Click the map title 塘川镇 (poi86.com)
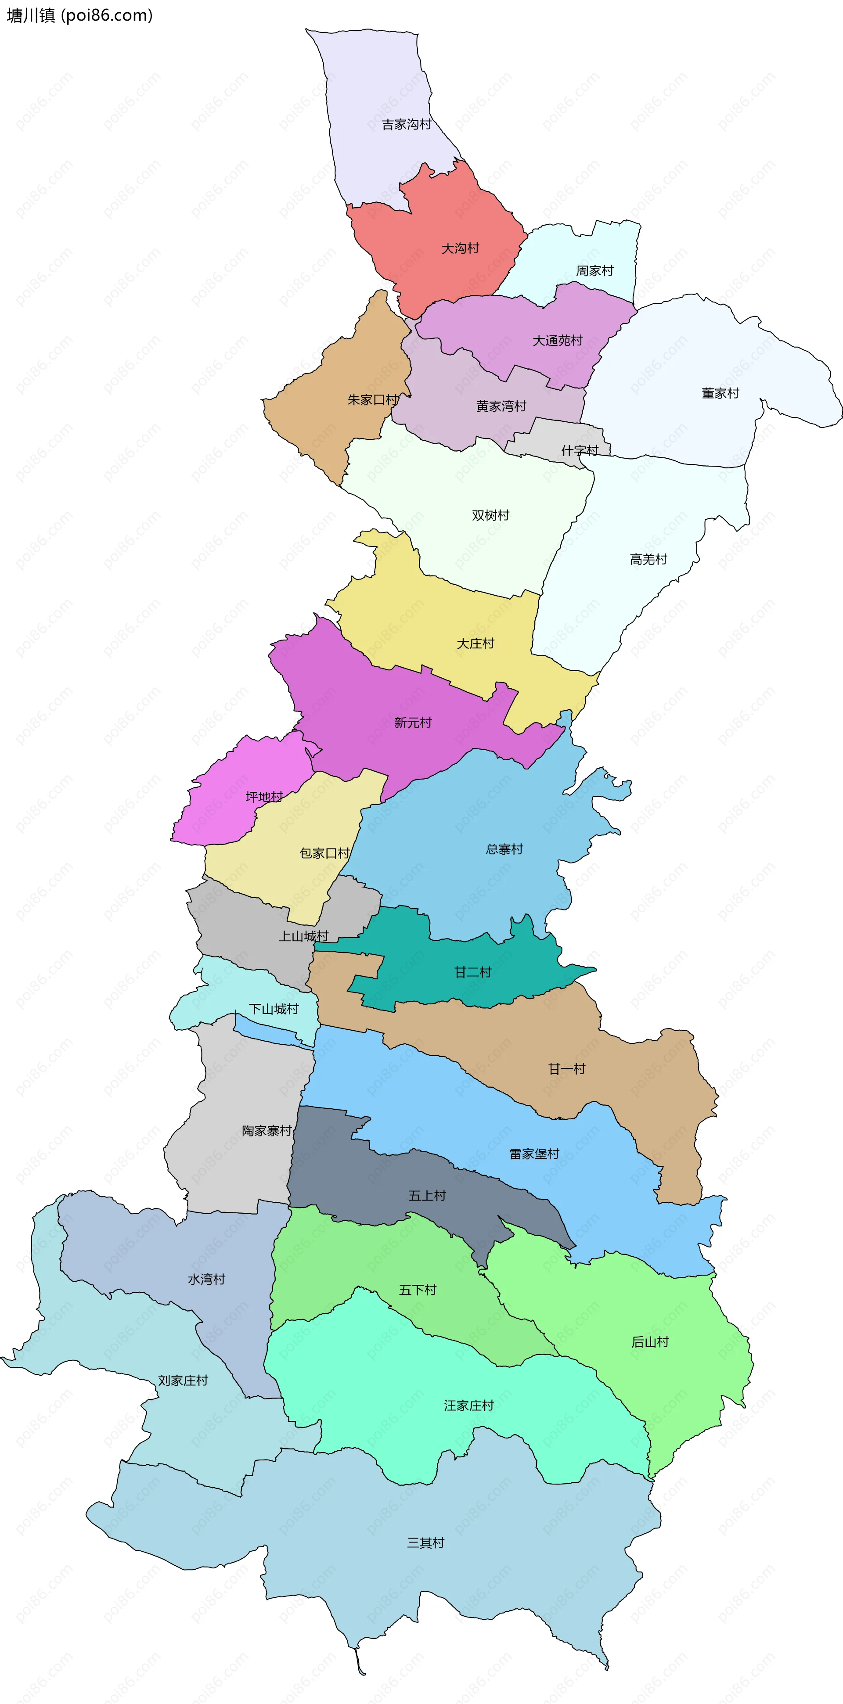click(x=79, y=15)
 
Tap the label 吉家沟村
click(x=406, y=124)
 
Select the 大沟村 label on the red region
click(x=460, y=248)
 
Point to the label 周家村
click(x=594, y=270)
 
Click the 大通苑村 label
click(x=557, y=340)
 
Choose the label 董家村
click(x=720, y=393)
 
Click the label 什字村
click(x=580, y=450)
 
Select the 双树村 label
click(x=490, y=515)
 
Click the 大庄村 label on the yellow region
click(x=475, y=643)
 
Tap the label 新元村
click(x=413, y=723)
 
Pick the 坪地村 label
click(x=264, y=796)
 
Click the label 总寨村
click(x=504, y=848)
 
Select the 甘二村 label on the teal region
click(x=472, y=972)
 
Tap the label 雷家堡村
click(x=534, y=1154)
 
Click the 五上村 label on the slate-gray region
click(x=427, y=1195)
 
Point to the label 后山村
click(x=650, y=1341)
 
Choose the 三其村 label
click(x=425, y=1542)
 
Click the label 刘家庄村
click(x=183, y=1380)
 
